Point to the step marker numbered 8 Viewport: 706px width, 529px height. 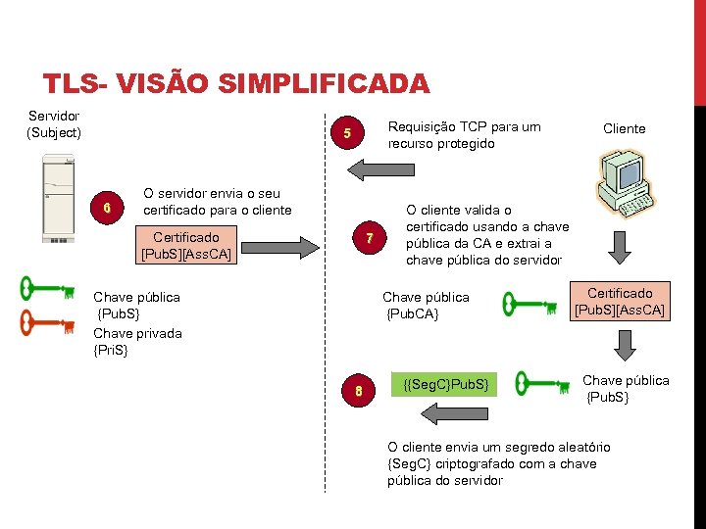point(359,391)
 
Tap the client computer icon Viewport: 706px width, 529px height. point(625,184)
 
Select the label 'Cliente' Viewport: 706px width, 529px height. point(624,128)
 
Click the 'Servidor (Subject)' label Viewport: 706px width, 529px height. point(55,124)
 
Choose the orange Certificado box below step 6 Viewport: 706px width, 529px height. point(186,245)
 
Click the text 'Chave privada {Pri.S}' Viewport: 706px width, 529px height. point(137,342)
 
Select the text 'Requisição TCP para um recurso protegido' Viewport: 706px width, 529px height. point(464,135)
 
